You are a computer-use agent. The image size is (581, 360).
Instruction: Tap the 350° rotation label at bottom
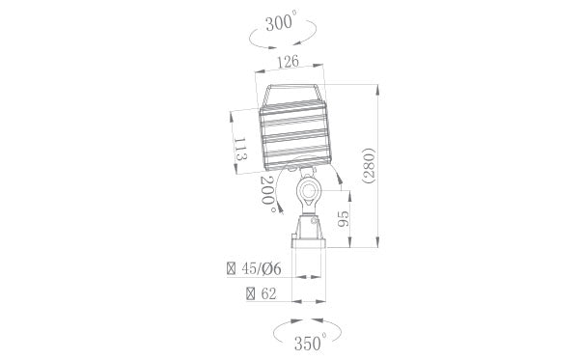309,341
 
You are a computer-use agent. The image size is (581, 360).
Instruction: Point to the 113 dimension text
241,152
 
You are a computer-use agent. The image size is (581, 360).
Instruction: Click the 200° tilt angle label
269,194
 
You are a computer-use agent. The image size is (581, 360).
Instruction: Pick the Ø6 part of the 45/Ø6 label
272,268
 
